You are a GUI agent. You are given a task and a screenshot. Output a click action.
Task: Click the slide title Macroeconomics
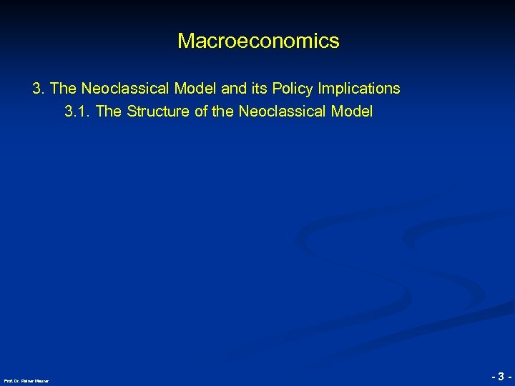258,41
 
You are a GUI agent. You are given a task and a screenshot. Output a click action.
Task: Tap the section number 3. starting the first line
39,89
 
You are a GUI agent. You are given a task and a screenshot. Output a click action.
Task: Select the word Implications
358,89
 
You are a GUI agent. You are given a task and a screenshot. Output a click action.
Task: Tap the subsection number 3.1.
77,112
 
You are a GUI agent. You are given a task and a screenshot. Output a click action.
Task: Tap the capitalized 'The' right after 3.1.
108,112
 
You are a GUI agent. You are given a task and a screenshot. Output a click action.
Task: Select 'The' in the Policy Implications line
64,89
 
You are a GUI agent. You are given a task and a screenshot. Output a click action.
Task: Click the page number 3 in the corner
501,376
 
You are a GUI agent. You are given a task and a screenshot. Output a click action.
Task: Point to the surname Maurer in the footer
41,380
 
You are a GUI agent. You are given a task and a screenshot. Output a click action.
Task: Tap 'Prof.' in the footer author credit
8,380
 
